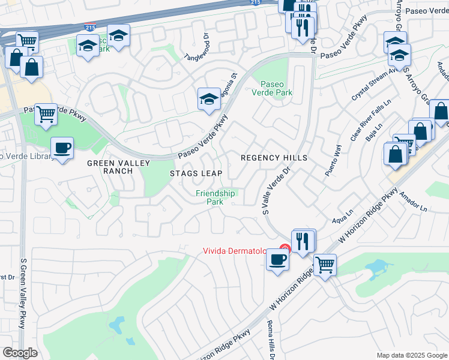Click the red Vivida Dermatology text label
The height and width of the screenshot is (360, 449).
point(240,251)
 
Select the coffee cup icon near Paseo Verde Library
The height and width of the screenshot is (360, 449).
point(62,148)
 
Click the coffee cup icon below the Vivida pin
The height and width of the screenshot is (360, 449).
point(277,260)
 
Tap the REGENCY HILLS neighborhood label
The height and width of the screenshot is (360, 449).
point(274,158)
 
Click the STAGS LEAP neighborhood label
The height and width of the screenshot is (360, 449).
point(196,173)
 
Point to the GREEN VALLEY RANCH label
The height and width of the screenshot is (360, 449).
point(109,167)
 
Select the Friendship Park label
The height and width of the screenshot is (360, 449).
point(215,197)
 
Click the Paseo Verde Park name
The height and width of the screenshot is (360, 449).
point(276,88)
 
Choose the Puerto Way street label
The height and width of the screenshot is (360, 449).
point(334,159)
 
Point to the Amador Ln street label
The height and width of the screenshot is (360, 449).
point(414,203)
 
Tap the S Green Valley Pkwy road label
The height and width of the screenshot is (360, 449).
point(23,294)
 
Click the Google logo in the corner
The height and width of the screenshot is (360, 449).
point(20,353)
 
